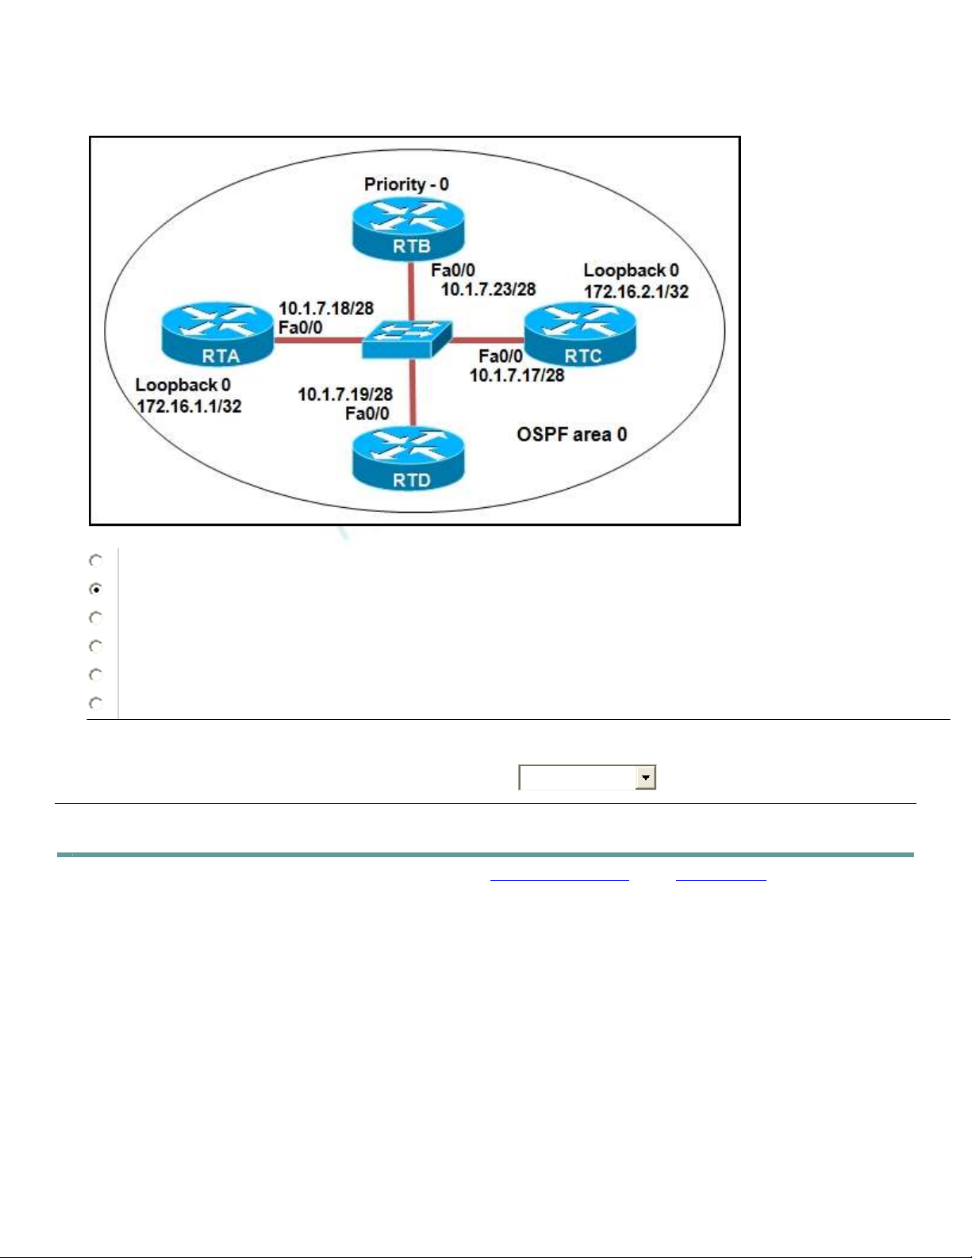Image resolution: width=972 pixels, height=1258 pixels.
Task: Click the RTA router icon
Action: tap(217, 336)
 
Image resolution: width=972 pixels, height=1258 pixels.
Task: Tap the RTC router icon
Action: tap(580, 336)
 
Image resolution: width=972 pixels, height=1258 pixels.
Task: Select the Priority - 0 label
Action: tap(406, 184)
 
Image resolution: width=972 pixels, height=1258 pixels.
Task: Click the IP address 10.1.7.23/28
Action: tap(488, 290)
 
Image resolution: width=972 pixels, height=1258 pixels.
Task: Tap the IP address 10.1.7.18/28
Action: tap(325, 308)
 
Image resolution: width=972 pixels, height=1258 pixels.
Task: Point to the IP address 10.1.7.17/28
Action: tap(517, 375)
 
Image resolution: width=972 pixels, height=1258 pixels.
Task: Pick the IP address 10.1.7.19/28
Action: tap(345, 394)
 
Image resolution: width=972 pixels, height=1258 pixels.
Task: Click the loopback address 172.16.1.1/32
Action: tap(189, 406)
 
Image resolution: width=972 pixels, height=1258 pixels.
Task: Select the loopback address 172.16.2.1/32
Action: tap(636, 291)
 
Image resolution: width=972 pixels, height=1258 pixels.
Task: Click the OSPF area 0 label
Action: tap(571, 434)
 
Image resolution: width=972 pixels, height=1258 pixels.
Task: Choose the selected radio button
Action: tap(96, 589)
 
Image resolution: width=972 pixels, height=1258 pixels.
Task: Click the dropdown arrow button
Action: tap(646, 778)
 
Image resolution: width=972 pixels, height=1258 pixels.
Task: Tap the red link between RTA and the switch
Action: tap(317, 340)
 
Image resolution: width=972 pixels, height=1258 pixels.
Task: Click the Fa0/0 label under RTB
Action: tap(453, 271)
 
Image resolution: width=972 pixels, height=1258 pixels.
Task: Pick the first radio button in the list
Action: tap(96, 560)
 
